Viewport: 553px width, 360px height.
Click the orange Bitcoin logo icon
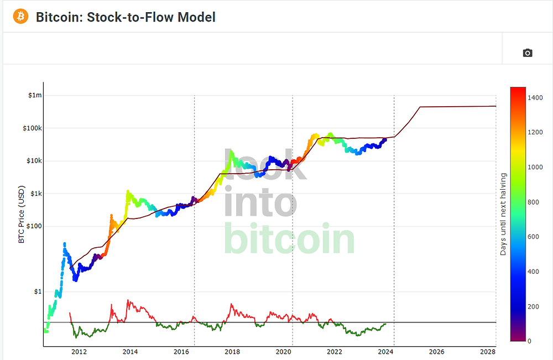20,17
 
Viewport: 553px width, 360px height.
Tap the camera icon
527,53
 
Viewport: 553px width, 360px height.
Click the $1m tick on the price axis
34,96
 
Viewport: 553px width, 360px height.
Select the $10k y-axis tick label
33,161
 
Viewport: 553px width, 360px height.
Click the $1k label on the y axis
34,194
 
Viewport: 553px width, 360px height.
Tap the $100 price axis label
33,226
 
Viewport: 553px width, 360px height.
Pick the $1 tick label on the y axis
36,291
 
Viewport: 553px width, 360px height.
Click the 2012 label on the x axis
79,352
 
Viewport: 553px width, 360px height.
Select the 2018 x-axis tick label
232,352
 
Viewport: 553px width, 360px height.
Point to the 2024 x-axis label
385,352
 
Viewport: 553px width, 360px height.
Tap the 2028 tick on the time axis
488,352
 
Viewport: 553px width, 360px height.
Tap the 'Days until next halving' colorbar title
503,214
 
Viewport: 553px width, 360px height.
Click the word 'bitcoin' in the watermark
289,238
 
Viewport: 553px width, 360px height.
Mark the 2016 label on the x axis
181,352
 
